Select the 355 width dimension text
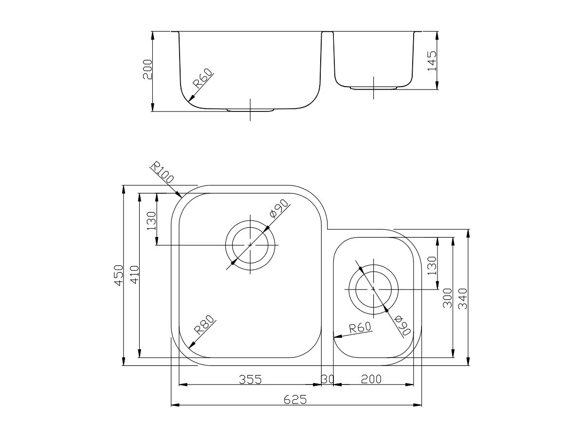(x=250, y=379)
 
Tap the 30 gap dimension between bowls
(x=327, y=379)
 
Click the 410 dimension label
(x=134, y=275)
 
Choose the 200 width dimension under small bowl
(x=371, y=379)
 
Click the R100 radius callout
(x=162, y=173)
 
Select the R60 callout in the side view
(x=203, y=79)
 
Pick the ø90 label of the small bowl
(x=403, y=325)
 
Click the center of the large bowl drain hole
(x=250, y=244)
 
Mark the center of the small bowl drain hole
(x=373, y=289)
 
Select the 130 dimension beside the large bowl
(x=151, y=220)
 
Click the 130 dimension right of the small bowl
(x=432, y=265)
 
